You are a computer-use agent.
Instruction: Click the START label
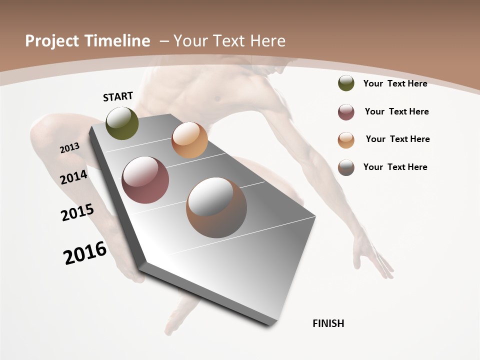coord(118,96)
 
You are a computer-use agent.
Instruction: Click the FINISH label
coord(328,323)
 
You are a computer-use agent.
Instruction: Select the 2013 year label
coord(69,148)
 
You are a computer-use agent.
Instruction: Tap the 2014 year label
coord(73,177)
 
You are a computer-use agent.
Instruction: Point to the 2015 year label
coord(77,212)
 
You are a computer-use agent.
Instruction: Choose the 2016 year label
coord(85,253)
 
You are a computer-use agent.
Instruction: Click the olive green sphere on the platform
coord(122,123)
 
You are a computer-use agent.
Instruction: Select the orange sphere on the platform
coord(189,140)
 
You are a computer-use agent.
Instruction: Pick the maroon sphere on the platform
coord(145,180)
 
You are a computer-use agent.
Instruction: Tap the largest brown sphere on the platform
coord(216,207)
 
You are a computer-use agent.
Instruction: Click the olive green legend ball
coord(346,83)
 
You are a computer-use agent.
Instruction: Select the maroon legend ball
coord(346,112)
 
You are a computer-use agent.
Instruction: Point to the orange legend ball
coord(346,140)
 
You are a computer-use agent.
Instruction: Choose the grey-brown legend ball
coord(346,167)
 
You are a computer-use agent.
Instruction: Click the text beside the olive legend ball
coord(395,83)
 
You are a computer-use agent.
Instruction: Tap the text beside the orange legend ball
coord(397,139)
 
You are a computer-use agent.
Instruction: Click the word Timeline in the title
coord(118,41)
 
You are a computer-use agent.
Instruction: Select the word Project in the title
coord(52,41)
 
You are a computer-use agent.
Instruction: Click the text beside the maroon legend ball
coord(396,111)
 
